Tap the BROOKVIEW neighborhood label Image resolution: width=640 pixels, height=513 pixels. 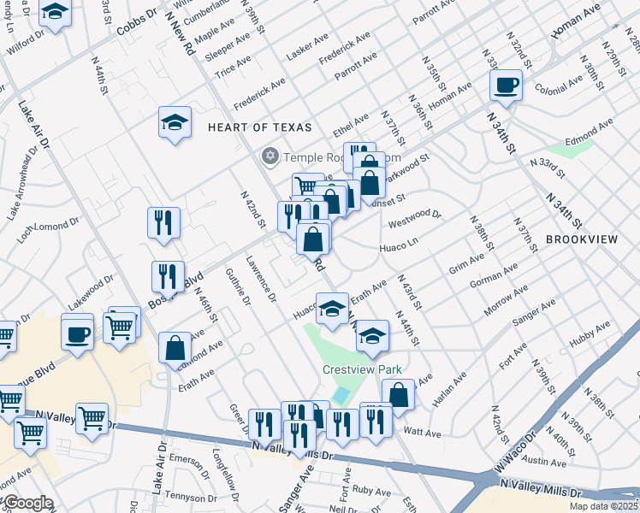click(x=581, y=240)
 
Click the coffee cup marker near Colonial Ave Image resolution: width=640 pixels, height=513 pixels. click(x=506, y=85)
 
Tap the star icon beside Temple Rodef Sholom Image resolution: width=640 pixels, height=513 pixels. click(x=270, y=156)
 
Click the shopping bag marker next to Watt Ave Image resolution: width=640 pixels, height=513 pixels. click(x=398, y=394)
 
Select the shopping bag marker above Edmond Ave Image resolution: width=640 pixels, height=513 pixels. click(x=175, y=348)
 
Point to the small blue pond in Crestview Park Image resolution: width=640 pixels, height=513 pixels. click(x=341, y=395)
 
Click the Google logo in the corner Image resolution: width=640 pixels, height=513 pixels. click(x=27, y=502)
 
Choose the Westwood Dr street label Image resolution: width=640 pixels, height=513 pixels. click(x=414, y=220)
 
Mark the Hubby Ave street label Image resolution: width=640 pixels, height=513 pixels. click(x=591, y=333)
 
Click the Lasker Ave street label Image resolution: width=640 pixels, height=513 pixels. click(x=307, y=46)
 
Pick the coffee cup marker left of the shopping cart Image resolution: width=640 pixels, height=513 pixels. click(x=77, y=331)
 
